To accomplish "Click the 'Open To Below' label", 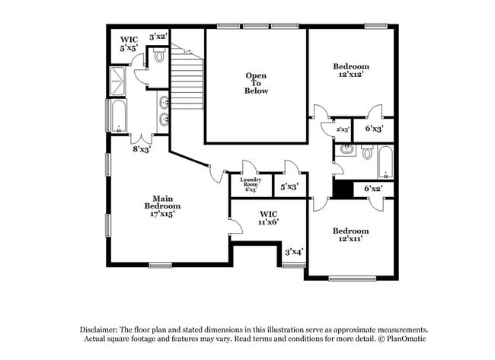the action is point(256,83).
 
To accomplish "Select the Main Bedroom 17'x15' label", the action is point(162,206).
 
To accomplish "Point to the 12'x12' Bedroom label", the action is point(351,70).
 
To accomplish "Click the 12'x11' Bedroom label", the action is point(350,234).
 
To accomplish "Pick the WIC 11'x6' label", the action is point(269,218).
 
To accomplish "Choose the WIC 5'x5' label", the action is point(129,44).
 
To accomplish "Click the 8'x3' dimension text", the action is point(142,149).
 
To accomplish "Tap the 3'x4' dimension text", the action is point(294,252).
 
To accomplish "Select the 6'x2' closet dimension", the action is point(373,189).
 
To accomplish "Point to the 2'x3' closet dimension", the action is point(343,129).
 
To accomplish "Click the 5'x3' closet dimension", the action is point(289,187).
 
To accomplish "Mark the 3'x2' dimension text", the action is point(158,37).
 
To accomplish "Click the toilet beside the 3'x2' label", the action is point(159,56).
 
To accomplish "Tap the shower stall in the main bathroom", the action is point(118,81).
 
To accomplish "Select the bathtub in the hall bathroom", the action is point(385,162).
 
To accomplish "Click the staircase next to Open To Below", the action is point(187,77).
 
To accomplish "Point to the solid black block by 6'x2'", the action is point(343,190).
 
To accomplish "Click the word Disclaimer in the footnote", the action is point(99,330).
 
